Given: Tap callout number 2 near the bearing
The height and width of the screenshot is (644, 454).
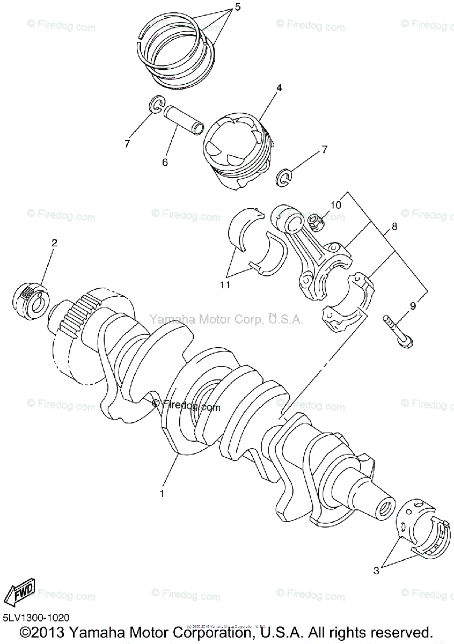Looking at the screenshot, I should point(54,243).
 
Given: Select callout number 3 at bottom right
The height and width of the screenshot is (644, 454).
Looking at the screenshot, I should point(376,571).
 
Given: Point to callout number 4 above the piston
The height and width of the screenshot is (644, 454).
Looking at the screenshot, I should point(264,87).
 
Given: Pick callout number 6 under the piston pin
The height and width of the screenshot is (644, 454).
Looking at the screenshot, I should point(165,162).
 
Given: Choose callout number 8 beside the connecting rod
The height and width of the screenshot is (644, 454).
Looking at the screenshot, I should point(394,226).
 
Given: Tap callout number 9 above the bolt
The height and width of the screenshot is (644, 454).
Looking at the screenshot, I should point(413,306).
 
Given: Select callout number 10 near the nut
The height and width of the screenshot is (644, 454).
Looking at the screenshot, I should point(335,204).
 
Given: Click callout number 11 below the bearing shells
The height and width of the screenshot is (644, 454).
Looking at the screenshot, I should point(226,284).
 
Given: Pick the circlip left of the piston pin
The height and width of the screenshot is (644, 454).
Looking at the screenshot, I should point(156,105).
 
